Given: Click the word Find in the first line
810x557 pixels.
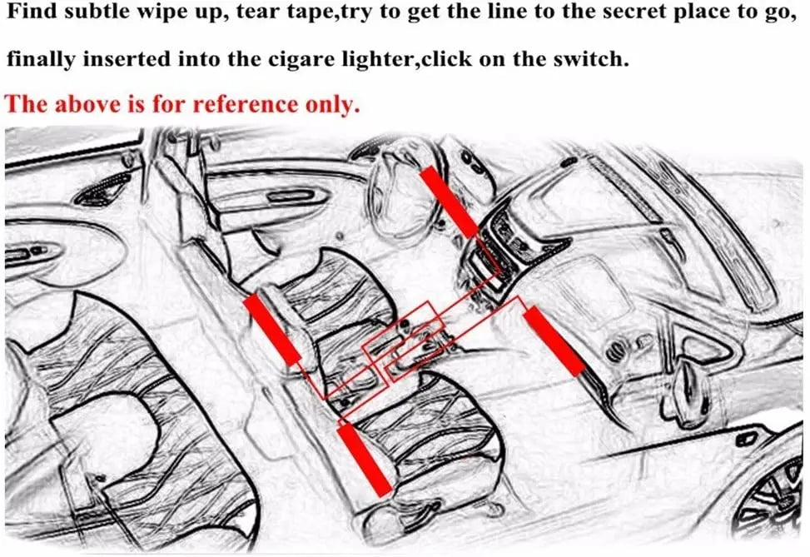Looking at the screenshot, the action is [x=32, y=12].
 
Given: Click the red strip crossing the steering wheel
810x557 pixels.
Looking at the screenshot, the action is [x=449, y=201].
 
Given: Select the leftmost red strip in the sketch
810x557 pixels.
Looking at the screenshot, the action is [x=271, y=330].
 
